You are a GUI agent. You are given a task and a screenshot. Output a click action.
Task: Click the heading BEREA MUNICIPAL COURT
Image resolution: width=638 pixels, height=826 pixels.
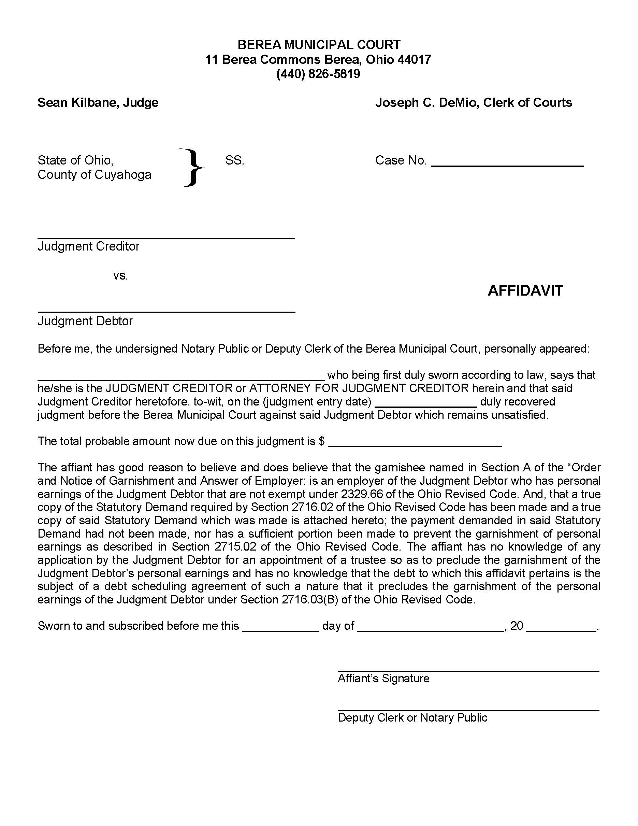319,45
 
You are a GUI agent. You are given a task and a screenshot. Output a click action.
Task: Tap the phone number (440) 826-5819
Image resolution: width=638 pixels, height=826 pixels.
318,74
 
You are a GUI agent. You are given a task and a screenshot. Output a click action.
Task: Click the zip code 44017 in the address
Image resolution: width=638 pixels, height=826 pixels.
414,59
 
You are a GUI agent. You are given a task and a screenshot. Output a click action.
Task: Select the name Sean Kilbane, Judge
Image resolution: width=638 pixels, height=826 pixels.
98,103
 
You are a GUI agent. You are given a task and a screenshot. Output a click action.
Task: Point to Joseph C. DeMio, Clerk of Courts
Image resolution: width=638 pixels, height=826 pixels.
474,103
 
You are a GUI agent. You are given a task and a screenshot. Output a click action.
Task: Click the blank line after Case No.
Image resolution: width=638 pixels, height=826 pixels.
507,165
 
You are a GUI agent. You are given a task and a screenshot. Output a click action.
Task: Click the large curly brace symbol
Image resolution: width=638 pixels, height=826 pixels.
192,168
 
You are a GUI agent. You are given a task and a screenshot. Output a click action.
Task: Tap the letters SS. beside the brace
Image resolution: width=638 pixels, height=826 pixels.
235,161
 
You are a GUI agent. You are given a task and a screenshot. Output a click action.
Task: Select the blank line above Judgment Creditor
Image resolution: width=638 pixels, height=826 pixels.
166,238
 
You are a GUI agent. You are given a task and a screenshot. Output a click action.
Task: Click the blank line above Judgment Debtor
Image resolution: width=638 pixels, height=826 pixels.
166,312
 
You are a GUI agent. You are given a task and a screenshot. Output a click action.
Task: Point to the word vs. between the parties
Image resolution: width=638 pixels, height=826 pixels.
120,276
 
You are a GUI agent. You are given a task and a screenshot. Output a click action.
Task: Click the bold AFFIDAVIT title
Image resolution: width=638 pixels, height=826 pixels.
525,291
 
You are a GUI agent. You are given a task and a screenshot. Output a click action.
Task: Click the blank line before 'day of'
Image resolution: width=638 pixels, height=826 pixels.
280,630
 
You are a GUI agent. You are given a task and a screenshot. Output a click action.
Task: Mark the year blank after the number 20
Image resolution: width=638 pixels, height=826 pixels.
561,630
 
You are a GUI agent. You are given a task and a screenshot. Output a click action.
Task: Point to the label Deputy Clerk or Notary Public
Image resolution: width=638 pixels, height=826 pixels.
412,718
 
